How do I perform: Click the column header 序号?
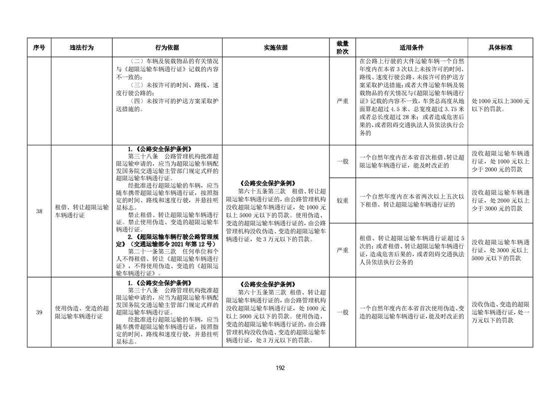pos(39,48)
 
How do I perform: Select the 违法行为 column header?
pos(82,48)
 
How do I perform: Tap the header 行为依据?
pos(167,48)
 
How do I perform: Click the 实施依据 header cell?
pos(276,48)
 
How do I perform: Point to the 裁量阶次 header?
pos(342,48)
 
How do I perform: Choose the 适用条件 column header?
pos(411,48)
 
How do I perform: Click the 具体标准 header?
pos(500,48)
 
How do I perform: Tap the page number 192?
pos(280,368)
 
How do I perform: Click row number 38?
pos(39,211)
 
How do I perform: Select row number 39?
pos(39,312)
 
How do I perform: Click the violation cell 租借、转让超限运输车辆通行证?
pos(82,211)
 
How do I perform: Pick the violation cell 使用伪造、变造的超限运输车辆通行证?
pos(82,312)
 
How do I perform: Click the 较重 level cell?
pos(342,200)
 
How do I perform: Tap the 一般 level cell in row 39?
pos(342,312)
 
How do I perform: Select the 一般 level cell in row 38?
pos(342,161)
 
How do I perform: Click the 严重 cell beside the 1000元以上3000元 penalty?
pos(342,101)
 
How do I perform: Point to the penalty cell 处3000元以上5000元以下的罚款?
pos(500,250)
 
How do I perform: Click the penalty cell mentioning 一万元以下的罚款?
pos(500,312)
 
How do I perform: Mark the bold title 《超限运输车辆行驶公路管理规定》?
pos(167,240)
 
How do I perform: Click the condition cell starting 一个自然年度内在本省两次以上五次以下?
pos(411,200)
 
